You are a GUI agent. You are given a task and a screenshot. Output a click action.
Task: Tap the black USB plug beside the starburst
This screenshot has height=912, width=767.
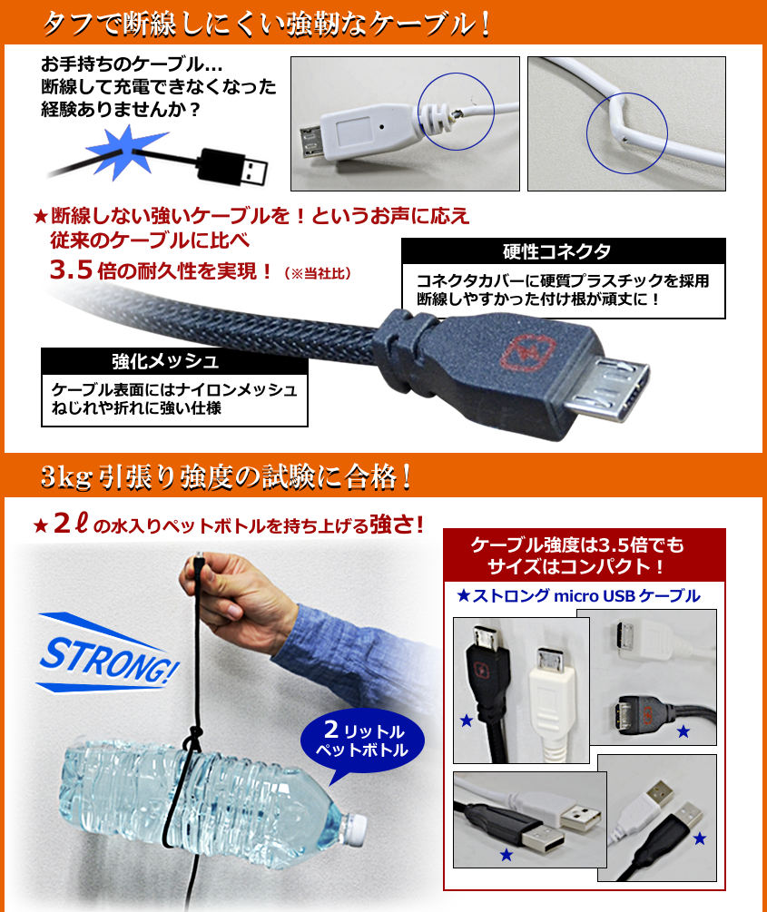(x=232, y=168)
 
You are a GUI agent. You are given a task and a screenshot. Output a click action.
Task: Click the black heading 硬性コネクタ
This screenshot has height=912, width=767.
(x=557, y=251)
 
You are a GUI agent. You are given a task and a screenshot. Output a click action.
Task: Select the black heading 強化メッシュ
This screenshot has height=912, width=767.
(x=166, y=361)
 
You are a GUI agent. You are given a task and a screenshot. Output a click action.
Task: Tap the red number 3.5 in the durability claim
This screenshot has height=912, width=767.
(x=71, y=270)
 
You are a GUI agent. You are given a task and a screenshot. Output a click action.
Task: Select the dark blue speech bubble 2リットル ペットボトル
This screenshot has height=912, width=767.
(x=362, y=742)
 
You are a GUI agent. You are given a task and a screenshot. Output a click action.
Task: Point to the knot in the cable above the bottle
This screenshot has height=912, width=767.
(x=192, y=739)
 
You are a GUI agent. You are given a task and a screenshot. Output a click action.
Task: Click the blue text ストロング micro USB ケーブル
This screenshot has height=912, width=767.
(x=579, y=595)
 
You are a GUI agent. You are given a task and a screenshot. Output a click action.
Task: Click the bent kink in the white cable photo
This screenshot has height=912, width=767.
(x=617, y=116)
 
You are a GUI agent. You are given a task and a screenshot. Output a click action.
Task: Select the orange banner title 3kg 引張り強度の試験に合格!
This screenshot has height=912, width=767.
(x=227, y=477)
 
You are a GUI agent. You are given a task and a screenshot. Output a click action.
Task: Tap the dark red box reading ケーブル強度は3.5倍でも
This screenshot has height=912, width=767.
(x=585, y=554)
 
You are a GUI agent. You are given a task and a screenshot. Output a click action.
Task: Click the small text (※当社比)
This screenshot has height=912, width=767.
(x=318, y=273)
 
